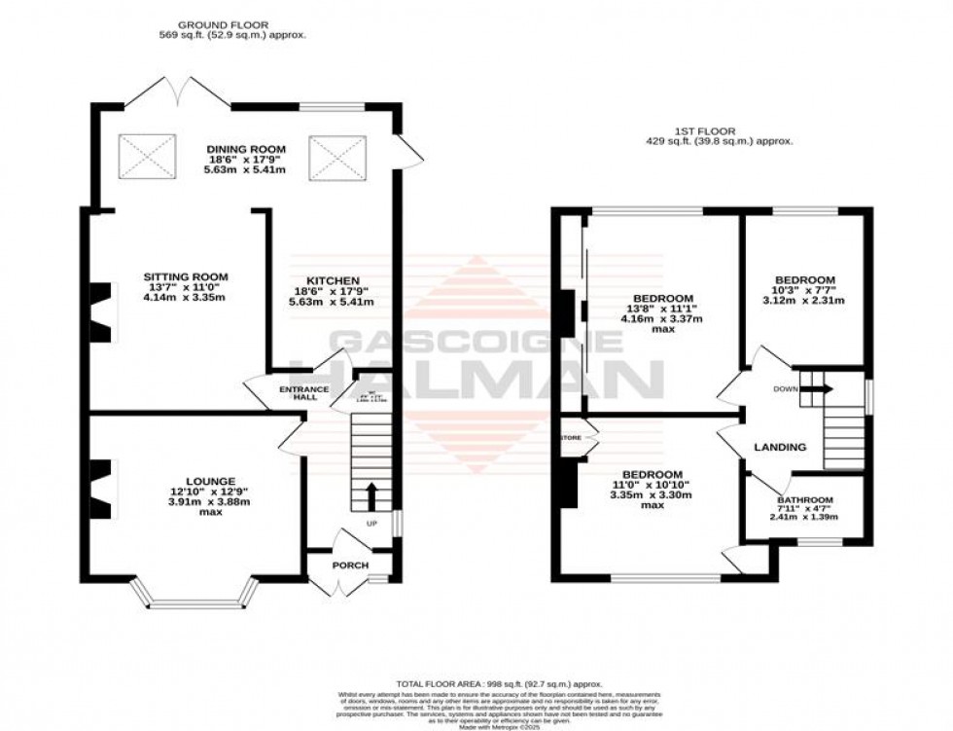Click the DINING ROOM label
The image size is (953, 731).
click(244, 149)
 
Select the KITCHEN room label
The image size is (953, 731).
click(331, 280)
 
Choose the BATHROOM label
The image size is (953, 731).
click(804, 501)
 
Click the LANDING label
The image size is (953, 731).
click(781, 448)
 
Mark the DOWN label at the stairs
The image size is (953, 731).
click(786, 388)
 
